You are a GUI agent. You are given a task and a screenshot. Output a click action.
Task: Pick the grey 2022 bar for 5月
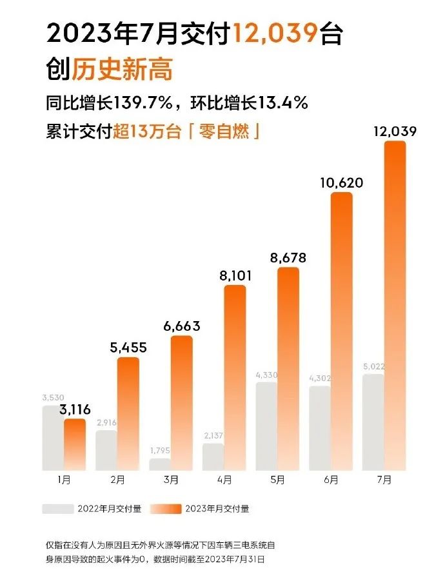click(267, 426)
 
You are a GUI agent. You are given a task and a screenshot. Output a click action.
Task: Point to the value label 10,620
click(341, 183)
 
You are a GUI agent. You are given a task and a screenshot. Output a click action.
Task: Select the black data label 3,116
click(74, 409)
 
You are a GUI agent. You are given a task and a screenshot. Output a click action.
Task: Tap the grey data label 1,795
click(159, 450)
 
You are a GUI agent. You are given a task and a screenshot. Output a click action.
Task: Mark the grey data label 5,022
click(373, 367)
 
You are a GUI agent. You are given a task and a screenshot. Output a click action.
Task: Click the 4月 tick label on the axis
click(224, 480)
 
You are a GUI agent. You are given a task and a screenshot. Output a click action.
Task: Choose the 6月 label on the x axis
click(331, 480)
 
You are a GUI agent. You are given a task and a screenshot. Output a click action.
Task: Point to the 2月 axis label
click(117, 480)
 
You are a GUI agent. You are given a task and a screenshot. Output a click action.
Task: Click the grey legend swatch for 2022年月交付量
click(58, 509)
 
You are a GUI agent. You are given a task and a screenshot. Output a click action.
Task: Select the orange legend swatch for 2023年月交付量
click(164, 509)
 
